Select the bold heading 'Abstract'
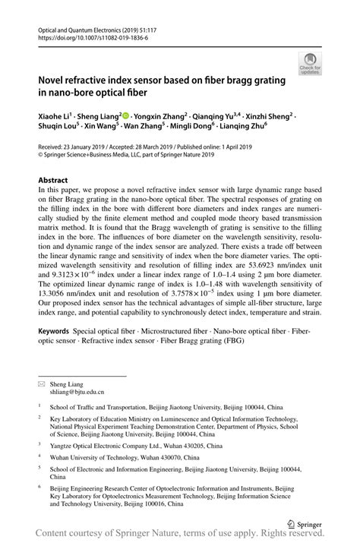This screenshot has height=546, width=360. tap(53, 181)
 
